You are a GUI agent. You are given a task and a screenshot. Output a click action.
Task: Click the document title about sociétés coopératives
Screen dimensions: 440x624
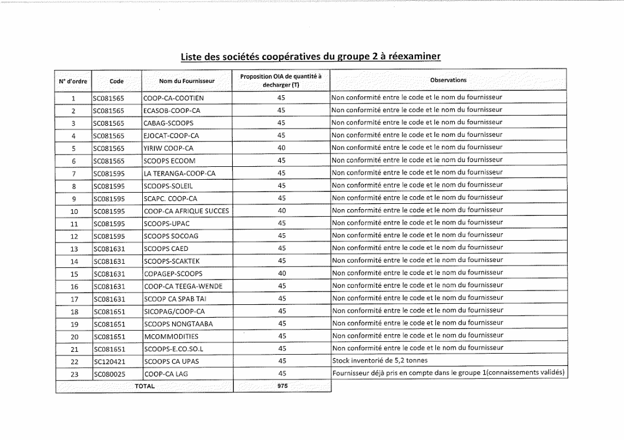(x=310, y=56)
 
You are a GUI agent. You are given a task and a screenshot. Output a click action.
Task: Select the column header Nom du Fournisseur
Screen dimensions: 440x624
(x=187, y=80)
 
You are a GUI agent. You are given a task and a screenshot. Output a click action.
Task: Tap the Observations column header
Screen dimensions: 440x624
(x=448, y=80)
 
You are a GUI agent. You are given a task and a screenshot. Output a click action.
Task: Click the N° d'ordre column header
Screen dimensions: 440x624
(x=73, y=80)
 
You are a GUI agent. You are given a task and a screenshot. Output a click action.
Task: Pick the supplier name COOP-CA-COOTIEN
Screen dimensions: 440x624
(x=173, y=98)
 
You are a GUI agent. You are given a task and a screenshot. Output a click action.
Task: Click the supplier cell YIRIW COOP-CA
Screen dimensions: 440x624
(x=168, y=148)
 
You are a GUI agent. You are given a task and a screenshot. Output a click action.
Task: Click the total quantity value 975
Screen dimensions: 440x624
(x=282, y=386)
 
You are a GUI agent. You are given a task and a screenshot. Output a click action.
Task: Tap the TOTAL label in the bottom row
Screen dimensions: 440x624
(x=145, y=386)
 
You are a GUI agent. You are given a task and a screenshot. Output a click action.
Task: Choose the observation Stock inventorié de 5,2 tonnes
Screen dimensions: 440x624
(x=380, y=361)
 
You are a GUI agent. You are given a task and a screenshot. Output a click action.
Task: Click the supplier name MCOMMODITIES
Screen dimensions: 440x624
(x=171, y=337)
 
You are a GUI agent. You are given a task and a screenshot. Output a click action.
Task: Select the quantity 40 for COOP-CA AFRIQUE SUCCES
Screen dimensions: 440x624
(x=282, y=210)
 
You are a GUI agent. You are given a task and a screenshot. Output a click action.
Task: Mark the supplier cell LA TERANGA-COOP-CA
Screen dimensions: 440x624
(x=180, y=173)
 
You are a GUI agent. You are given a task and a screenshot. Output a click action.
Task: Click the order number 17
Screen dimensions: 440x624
(x=74, y=298)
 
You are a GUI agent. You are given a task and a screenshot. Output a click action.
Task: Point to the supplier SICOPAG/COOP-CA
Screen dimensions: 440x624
(x=174, y=311)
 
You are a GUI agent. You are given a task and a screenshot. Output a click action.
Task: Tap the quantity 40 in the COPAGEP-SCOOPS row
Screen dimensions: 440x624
(x=282, y=273)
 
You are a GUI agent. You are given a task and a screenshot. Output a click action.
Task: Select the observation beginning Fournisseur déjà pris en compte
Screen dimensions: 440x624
(x=448, y=373)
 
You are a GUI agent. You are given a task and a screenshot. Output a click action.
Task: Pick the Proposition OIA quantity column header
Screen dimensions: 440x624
(x=282, y=80)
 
